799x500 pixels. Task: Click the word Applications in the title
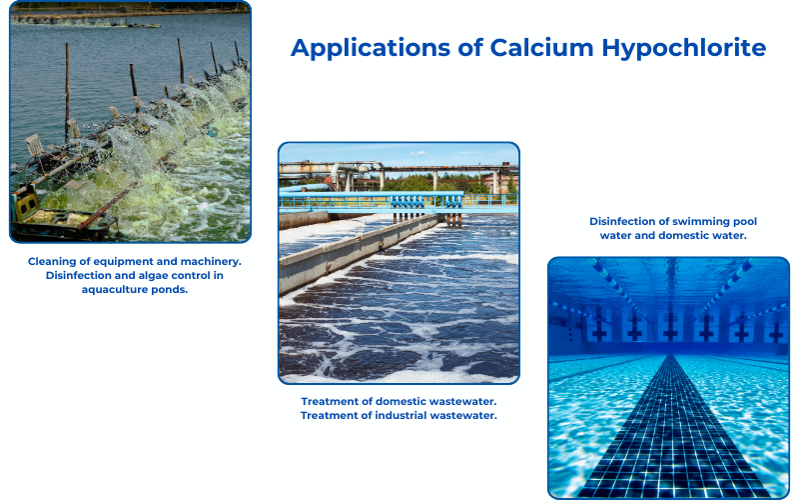pyautogui.click(x=371, y=48)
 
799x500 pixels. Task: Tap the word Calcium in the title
pyautogui.click(x=541, y=47)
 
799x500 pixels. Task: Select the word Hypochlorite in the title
pyautogui.click(x=684, y=48)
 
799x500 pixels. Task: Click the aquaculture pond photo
pyautogui.click(x=131, y=121)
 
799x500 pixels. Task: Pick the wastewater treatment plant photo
pyautogui.click(x=399, y=263)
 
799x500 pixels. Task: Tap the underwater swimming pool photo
pyautogui.click(x=668, y=378)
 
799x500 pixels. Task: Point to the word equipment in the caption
pyautogui.click(x=123, y=262)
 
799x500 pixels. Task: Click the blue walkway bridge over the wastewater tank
pyautogui.click(x=399, y=202)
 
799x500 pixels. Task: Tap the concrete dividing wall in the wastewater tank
pyautogui.click(x=357, y=250)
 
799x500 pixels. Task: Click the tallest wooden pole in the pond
pyautogui.click(x=67, y=93)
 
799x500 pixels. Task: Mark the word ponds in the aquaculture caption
pyautogui.click(x=172, y=290)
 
